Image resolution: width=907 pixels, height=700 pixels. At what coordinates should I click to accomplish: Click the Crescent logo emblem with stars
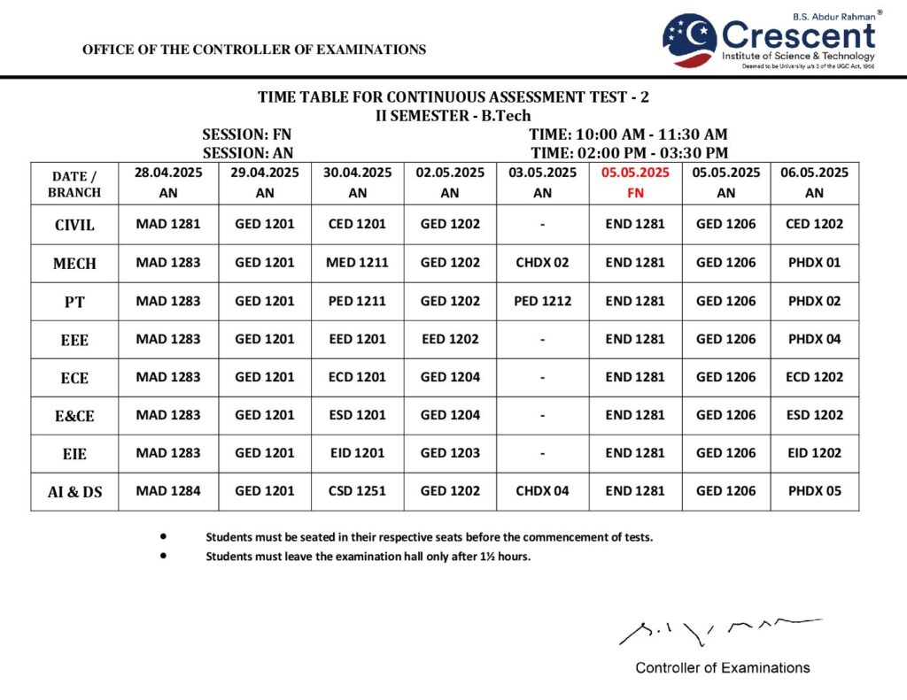pos(690,40)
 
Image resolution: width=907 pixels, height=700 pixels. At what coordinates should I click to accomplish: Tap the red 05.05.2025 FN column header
pos(635,182)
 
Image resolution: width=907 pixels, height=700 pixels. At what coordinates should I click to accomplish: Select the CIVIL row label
pos(74,225)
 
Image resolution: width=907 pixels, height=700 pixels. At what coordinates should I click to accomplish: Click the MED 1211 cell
pos(357,263)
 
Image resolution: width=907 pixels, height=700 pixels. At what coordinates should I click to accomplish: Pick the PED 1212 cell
pos(542,301)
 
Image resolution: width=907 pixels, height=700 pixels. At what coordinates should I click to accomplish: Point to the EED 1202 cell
pos(450,339)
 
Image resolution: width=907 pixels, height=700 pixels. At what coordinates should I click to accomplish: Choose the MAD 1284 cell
pos(168,491)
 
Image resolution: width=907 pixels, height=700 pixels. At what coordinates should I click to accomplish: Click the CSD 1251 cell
pos(357,491)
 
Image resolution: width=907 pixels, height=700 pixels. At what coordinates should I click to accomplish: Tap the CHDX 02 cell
pos(542,263)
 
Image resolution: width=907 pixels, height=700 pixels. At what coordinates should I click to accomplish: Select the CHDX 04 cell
pos(542,491)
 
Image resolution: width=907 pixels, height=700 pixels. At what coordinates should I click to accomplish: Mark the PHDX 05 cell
pos(814,491)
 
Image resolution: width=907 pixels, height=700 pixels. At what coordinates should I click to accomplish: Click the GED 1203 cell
pos(450,453)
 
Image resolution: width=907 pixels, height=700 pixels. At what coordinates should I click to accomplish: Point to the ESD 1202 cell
pos(814,415)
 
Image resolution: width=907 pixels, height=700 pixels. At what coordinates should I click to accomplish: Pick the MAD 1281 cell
pos(168,224)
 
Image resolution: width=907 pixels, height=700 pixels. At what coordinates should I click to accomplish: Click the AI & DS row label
pos(74,492)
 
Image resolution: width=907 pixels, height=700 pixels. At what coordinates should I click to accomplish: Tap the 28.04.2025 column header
pos(168,182)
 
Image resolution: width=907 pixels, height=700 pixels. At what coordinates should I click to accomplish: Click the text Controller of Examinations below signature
pos(722,668)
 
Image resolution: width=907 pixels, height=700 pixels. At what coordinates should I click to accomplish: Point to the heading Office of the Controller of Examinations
pos(254,50)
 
